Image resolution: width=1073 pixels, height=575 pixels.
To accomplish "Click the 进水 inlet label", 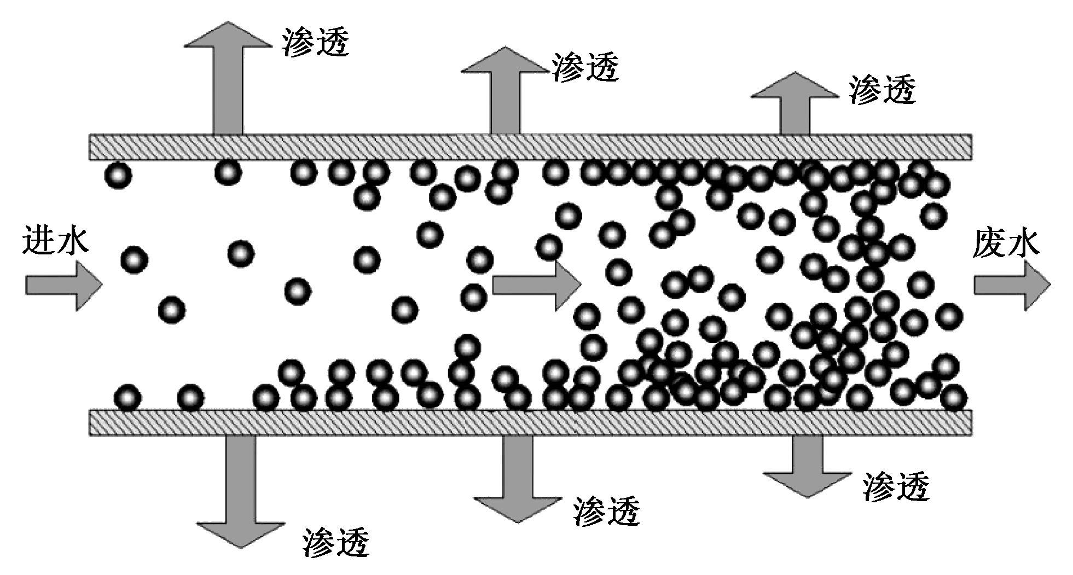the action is (55, 241).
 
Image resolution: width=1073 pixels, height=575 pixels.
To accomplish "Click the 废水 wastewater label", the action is (1006, 242).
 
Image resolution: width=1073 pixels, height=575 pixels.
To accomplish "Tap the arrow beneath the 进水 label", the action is (64, 285).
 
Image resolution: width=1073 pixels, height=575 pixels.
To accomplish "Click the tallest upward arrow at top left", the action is (228, 78).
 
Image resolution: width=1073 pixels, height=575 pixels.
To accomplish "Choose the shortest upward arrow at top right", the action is (794, 103).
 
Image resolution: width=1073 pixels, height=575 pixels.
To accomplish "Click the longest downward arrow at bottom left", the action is (241, 491).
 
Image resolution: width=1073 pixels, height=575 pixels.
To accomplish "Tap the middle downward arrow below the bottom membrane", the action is (518, 479).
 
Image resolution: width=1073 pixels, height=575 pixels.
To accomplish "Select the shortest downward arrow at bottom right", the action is (808, 466).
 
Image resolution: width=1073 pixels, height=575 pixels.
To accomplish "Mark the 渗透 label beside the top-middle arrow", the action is (585, 67).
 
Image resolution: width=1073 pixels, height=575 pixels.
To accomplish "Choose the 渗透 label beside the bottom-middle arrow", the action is (606, 510).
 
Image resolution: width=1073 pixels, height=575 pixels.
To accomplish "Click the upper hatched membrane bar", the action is (531, 147).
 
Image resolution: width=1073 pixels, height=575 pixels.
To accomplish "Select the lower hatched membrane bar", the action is (531, 422).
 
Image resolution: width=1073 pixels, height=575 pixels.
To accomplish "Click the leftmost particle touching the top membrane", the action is (118, 175).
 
